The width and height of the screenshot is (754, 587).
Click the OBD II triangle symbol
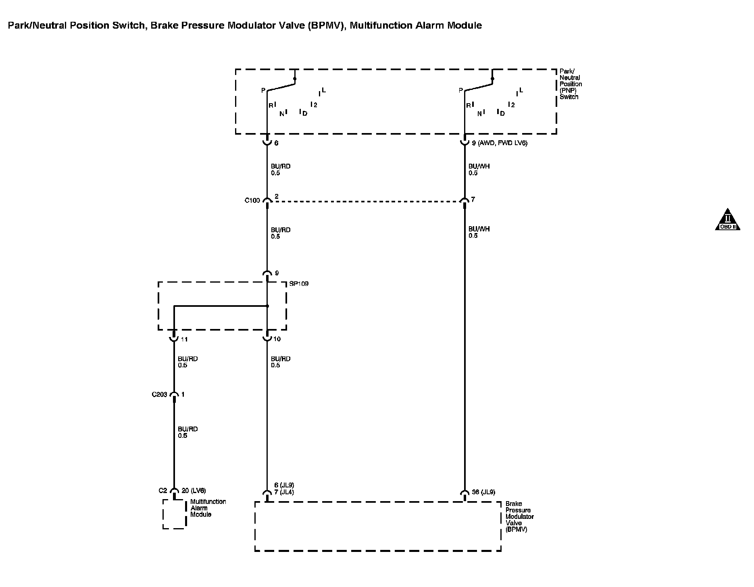point(727,220)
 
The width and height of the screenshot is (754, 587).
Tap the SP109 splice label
point(299,284)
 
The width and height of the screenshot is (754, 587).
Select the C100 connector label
point(252,200)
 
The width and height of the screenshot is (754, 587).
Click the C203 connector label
point(159,394)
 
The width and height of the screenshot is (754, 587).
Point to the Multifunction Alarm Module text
point(208,508)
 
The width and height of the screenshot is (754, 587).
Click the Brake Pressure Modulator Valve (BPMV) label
point(519,516)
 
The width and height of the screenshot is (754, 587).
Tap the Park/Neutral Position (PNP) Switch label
point(571,84)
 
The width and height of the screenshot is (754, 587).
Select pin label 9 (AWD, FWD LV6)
point(499,143)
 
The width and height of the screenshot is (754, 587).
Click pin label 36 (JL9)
point(483,492)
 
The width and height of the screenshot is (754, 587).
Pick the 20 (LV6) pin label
point(194,491)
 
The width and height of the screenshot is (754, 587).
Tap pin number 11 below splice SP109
point(184,339)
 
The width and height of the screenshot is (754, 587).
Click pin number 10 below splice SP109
point(277,339)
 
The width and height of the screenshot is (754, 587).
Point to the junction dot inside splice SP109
point(267,306)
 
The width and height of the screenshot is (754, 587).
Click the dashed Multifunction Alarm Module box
point(174,514)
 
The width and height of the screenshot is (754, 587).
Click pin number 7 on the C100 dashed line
point(473,200)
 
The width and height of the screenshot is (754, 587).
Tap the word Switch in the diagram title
point(130,25)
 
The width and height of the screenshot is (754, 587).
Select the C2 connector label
point(162,491)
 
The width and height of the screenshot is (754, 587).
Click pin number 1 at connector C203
point(183,394)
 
